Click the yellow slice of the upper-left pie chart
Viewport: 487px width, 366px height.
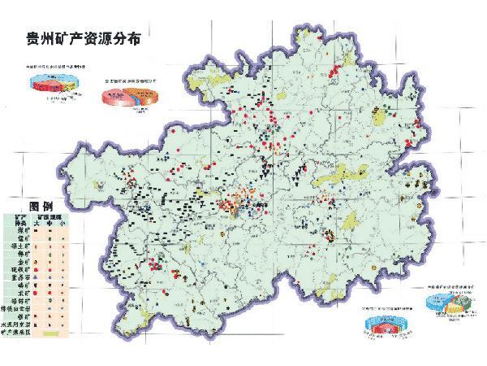[x=39, y=80]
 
